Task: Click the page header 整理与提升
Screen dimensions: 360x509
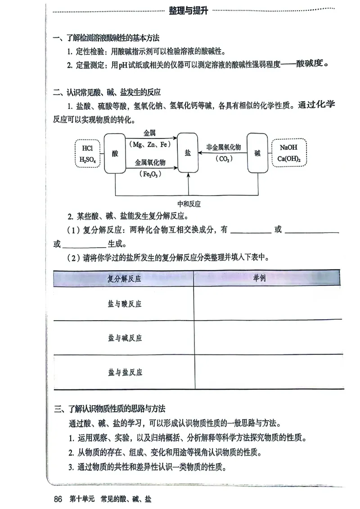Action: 188,11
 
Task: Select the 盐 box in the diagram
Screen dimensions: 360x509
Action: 188,152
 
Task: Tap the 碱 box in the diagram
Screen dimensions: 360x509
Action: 257,153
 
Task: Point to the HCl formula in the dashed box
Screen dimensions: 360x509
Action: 88,148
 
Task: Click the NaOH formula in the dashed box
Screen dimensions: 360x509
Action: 288,147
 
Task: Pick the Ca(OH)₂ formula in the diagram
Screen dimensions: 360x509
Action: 288,159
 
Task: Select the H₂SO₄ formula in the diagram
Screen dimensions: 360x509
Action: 88,159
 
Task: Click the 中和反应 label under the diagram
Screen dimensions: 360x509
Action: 189,204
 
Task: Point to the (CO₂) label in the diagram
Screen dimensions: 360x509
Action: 224,158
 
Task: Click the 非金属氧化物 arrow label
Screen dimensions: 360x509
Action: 224,147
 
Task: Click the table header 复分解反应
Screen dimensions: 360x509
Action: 124,279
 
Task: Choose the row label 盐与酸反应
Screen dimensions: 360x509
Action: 124,304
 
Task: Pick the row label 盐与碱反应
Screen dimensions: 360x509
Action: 124,338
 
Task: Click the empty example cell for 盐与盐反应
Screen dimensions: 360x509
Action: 268,372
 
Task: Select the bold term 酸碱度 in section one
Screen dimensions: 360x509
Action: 310,64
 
